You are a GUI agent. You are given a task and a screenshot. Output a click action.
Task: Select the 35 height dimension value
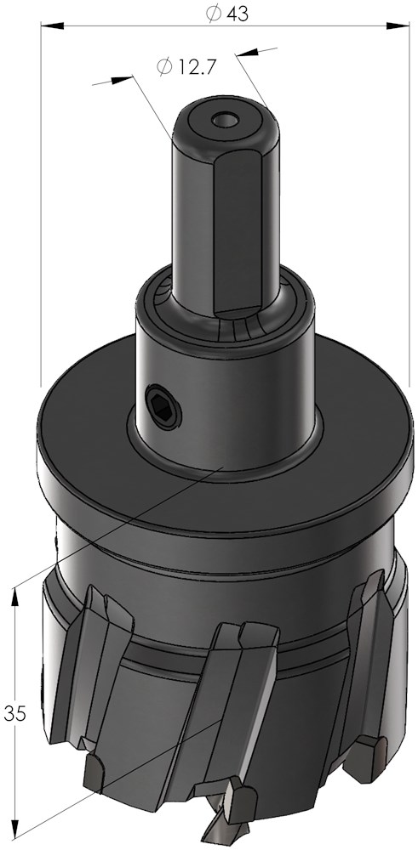(x=14, y=713)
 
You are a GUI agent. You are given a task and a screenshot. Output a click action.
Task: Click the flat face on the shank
(x=239, y=230)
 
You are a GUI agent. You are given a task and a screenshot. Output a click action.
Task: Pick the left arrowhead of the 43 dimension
(x=52, y=25)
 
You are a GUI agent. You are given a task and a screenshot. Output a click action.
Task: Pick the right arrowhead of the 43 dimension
(x=398, y=25)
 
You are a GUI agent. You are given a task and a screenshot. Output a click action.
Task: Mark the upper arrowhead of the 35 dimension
(x=14, y=598)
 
